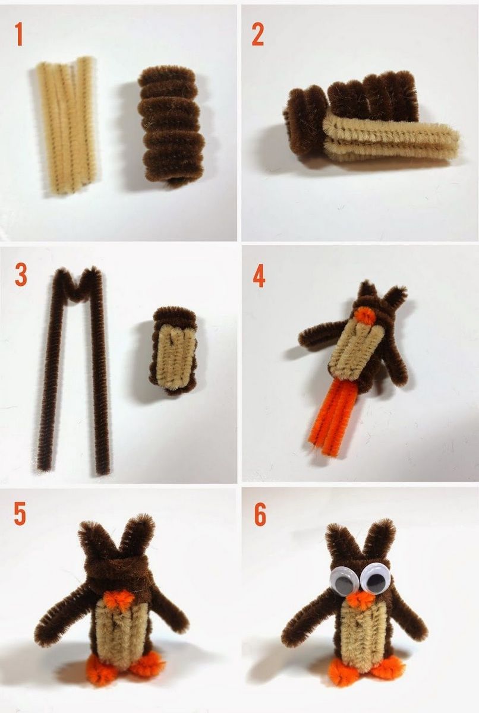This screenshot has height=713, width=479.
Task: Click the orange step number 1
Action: point(19,34)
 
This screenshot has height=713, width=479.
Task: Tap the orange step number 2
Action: point(257,34)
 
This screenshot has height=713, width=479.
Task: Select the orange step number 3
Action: point(21,275)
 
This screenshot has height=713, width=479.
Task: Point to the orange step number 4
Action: point(259,276)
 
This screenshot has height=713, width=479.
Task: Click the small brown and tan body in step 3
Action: point(174,350)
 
